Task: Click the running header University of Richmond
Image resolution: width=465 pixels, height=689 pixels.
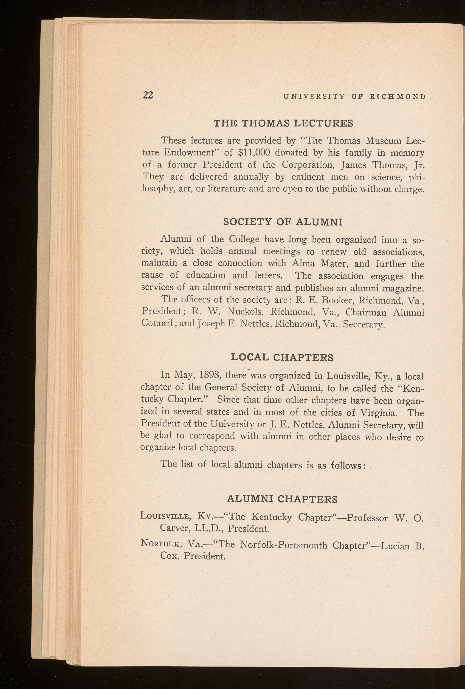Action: pos(355,96)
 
